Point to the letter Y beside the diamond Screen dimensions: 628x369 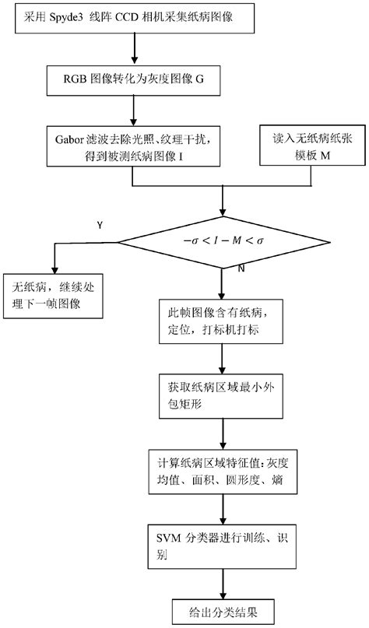[x=99, y=225]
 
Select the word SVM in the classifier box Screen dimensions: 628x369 [x=172, y=537]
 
